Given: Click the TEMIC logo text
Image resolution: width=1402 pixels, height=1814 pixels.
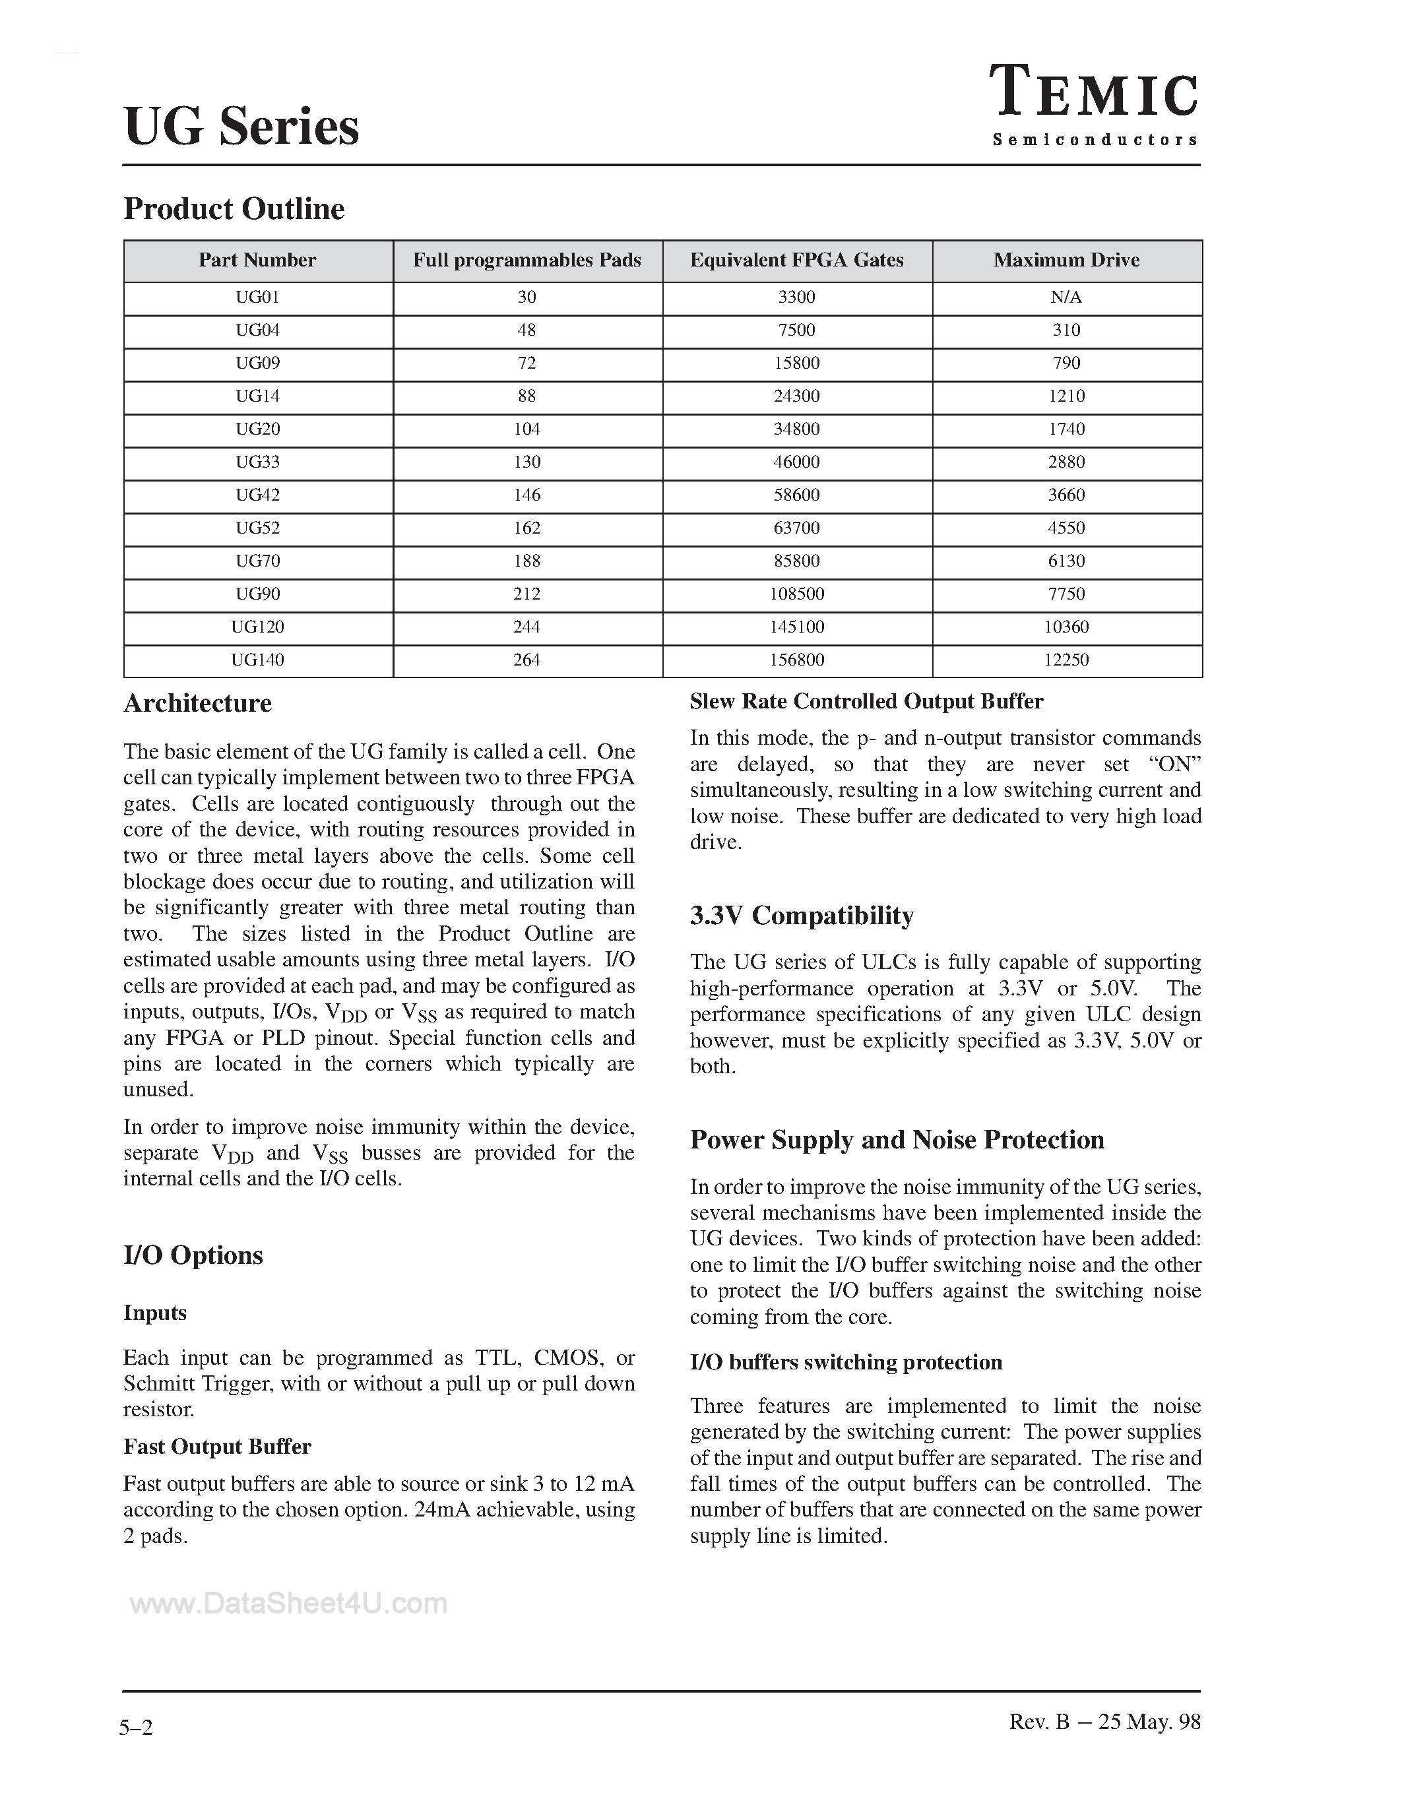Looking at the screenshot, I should tap(1095, 93).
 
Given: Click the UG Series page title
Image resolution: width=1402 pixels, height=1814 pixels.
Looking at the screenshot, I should tap(241, 127).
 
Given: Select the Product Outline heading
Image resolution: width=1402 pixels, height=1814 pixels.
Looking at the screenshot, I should tap(234, 208).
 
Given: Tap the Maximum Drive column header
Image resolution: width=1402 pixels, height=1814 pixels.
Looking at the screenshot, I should tap(1066, 261).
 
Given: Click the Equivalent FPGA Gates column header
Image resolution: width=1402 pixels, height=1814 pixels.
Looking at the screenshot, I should tap(796, 261).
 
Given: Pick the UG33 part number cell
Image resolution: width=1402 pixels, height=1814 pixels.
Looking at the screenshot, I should tap(257, 462).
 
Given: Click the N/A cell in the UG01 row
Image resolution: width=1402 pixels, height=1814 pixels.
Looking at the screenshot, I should tap(1066, 297).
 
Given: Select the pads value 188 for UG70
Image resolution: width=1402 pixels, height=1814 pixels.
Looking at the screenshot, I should tap(526, 561).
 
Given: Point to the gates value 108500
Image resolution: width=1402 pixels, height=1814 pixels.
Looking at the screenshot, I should tap(796, 594).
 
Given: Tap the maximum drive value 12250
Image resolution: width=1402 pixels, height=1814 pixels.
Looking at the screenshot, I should tap(1066, 660).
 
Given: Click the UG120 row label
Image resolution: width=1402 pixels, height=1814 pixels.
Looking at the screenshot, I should tap(257, 627).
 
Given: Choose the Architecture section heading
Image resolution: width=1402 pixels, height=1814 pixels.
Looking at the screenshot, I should tap(198, 704).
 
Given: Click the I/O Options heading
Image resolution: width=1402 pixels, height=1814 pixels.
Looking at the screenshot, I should tap(193, 1255).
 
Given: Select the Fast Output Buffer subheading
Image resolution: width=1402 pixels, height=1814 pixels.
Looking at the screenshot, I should tap(217, 1447).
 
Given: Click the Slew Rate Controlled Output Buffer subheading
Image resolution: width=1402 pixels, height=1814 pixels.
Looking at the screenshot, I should tap(866, 702).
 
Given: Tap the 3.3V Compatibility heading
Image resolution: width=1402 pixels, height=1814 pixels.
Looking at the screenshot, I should tap(802, 916).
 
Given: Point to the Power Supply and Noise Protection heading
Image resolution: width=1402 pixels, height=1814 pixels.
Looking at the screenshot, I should tap(897, 1140).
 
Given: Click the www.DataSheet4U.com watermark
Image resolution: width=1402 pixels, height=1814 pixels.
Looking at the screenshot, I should tap(288, 1603).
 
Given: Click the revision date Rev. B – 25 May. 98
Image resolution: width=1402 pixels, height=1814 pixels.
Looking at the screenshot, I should tap(1104, 1722).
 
